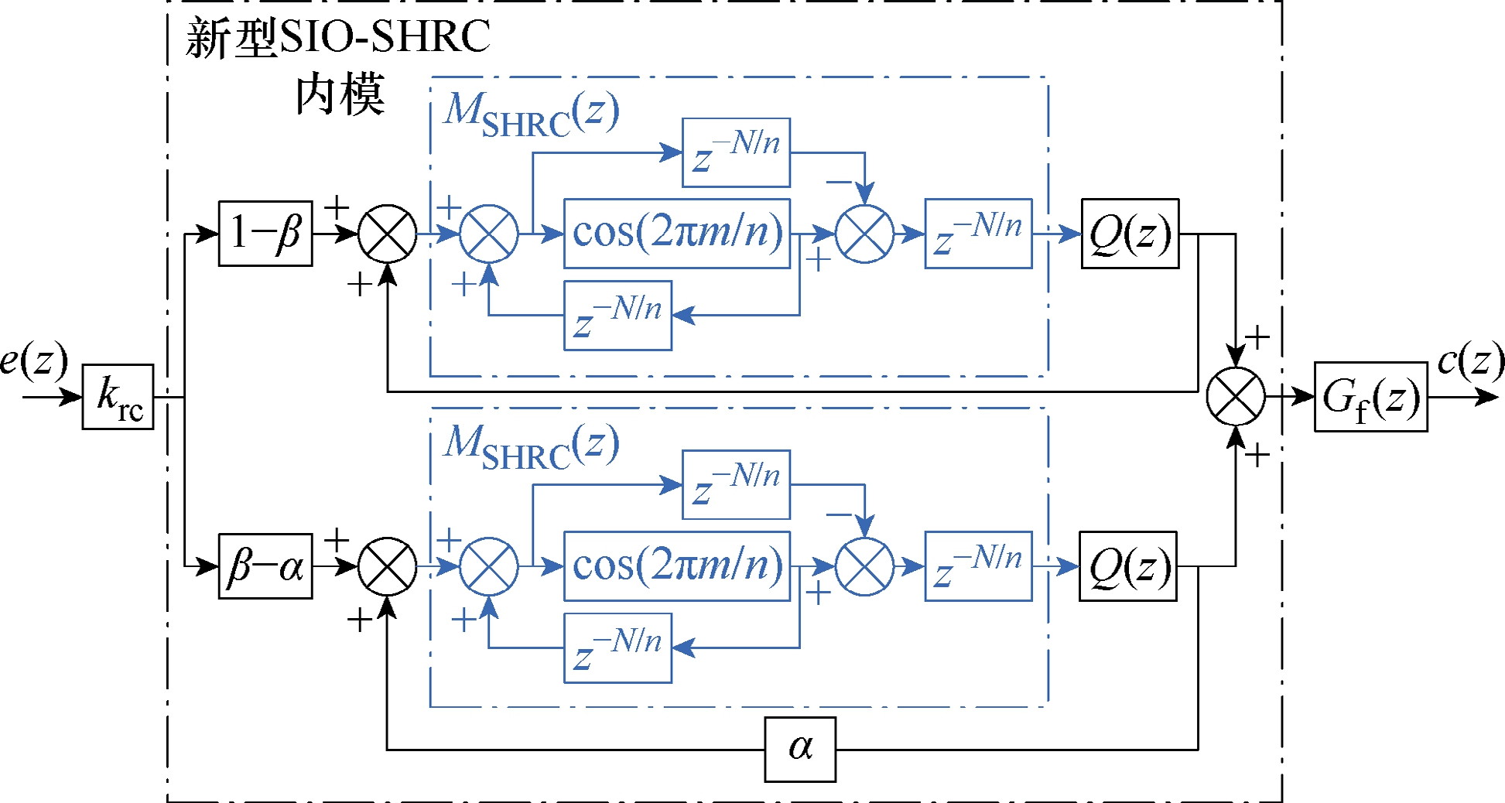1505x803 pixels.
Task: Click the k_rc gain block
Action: [118, 397]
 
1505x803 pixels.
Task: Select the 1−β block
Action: [265, 234]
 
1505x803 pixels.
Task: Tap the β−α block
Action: [265, 566]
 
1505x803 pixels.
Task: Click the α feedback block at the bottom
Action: [800, 750]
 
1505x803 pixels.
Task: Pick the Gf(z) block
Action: [1370, 397]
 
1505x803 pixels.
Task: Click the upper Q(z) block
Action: [1130, 234]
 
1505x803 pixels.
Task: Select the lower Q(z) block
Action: [1128, 566]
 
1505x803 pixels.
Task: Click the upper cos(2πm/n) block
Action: [677, 234]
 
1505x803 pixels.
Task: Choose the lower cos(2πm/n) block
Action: [677, 566]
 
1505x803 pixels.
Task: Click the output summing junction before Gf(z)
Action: [1236, 397]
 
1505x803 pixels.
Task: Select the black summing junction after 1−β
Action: [388, 234]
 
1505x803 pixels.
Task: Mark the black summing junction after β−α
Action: [388, 566]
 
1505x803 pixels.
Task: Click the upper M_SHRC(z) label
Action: [532, 114]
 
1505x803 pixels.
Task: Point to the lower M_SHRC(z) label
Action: [532, 446]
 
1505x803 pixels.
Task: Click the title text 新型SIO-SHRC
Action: [338, 37]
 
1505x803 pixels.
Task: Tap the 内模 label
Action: [340, 94]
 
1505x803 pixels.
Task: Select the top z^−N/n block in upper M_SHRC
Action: [736, 152]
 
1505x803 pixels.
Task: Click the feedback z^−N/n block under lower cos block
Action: [617, 648]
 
